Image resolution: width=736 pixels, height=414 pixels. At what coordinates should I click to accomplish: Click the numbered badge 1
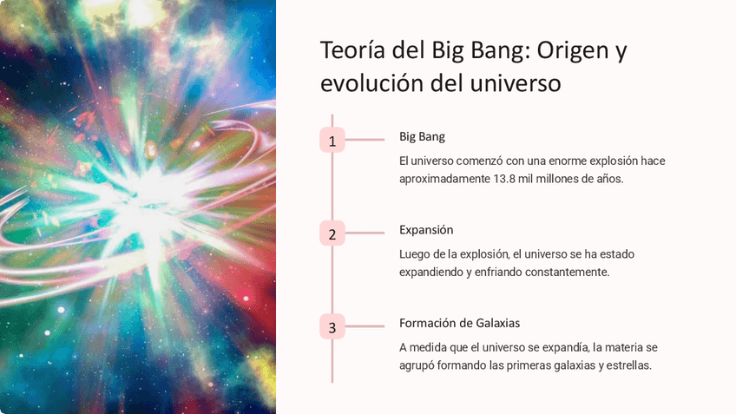[x=332, y=140]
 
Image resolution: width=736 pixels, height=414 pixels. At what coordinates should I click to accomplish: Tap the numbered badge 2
[x=332, y=233]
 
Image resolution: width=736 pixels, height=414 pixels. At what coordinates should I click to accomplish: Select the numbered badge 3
[x=332, y=326]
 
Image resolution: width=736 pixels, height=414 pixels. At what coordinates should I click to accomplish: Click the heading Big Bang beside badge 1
[x=422, y=136]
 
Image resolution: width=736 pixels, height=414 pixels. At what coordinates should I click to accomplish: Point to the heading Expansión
[x=426, y=230]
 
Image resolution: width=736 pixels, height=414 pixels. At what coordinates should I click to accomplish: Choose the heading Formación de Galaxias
[x=459, y=323]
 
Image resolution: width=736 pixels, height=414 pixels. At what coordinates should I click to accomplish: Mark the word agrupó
[x=417, y=365]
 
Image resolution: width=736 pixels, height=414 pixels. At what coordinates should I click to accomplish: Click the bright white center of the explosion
[x=149, y=197]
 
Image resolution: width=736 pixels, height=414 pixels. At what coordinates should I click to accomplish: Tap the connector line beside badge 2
[x=365, y=233]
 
